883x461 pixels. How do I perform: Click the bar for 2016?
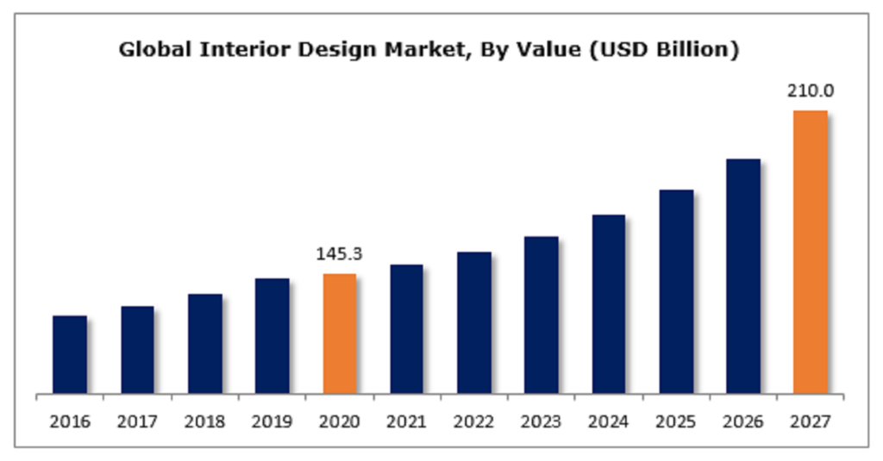pos(70,355)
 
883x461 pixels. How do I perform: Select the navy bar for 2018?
pos(205,344)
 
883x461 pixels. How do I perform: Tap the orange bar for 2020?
pos(340,334)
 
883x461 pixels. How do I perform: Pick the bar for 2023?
pos(542,315)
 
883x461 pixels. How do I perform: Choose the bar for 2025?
pos(676,292)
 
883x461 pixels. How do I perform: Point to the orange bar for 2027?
pos(811,252)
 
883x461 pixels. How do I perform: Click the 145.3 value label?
pos(340,254)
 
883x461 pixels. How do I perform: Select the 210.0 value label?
pos(811,90)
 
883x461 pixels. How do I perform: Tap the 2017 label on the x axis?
pos(137,422)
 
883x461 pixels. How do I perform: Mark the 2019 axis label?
pos(272,422)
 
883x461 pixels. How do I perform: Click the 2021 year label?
pos(407,422)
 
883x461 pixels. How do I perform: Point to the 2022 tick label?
pos(474,422)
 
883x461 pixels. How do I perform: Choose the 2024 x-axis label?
pos(609,422)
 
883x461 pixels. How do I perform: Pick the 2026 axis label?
pos(743,422)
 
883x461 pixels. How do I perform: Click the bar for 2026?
pos(743,277)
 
